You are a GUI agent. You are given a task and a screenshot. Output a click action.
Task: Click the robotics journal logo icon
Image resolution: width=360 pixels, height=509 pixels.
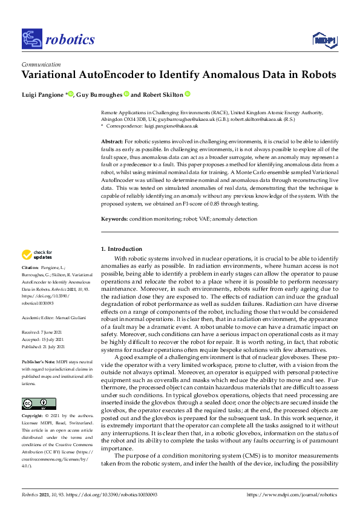(x=31, y=39)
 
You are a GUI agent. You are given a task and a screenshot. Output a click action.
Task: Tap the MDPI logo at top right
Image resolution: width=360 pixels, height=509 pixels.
(x=324, y=40)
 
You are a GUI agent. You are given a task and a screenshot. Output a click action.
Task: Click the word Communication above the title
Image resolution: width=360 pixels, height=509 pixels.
(x=41, y=65)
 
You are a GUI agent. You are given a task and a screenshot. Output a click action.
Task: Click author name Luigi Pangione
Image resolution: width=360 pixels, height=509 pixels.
(x=42, y=94)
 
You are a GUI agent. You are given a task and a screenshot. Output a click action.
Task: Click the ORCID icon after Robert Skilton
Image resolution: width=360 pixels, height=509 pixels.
(x=188, y=94)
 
